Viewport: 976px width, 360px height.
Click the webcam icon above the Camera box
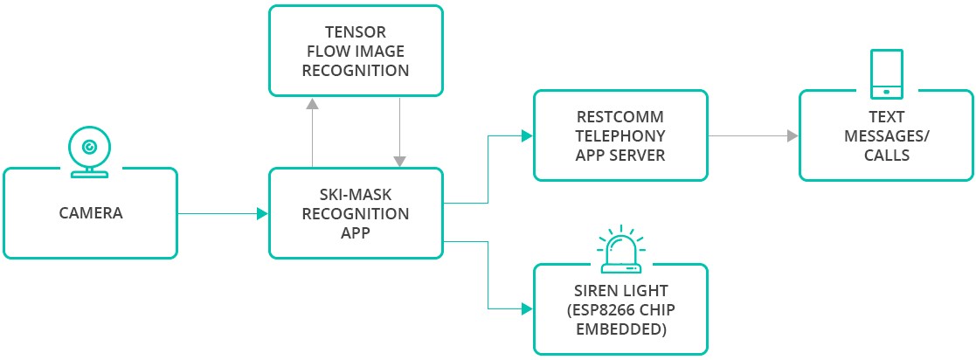(x=90, y=151)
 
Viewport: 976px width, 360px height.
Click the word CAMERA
(x=90, y=212)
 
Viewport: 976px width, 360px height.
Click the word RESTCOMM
(x=620, y=116)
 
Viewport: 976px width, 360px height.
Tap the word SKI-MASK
(x=355, y=194)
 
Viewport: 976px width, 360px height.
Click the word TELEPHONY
(x=620, y=135)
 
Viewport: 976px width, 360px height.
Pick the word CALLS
(x=886, y=156)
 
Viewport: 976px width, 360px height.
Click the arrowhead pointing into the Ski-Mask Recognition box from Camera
(x=262, y=213)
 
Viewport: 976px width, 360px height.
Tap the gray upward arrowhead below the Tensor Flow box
(x=312, y=102)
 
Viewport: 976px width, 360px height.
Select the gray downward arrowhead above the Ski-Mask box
(x=399, y=162)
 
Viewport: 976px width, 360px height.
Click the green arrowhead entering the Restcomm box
(x=526, y=135)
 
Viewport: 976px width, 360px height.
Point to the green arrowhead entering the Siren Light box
(x=526, y=308)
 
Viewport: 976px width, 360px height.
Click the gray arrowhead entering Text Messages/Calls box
(x=792, y=135)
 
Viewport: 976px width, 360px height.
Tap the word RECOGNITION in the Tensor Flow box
(x=355, y=71)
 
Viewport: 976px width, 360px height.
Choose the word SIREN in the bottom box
(x=599, y=290)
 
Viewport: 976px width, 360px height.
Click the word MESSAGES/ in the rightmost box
(x=886, y=136)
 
